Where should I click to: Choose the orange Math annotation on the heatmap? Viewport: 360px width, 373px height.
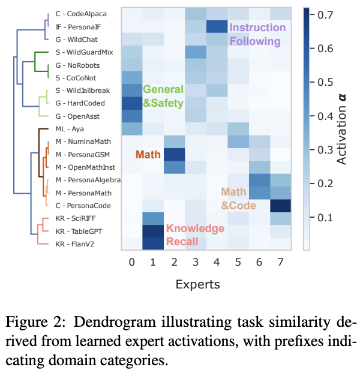[150, 154]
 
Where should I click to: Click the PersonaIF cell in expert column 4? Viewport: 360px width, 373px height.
[215, 27]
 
